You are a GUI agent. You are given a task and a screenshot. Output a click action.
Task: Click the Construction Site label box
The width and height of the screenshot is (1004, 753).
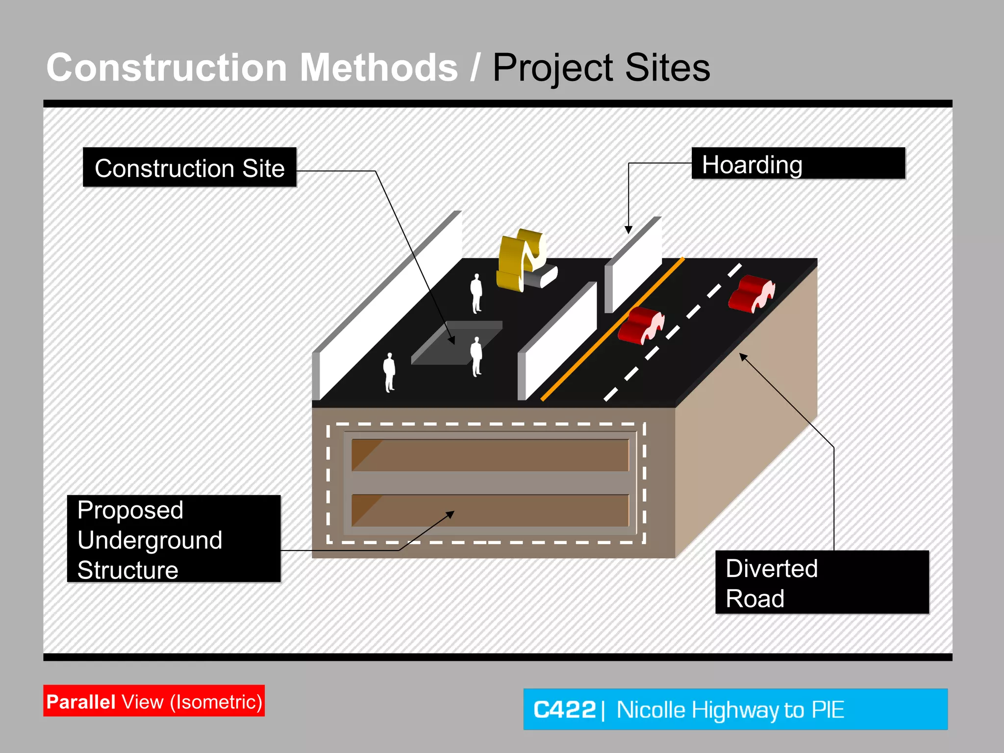point(190,168)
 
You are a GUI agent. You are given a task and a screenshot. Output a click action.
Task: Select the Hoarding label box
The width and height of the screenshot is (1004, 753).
point(798,164)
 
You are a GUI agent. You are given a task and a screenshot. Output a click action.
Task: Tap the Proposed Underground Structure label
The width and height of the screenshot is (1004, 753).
point(174,539)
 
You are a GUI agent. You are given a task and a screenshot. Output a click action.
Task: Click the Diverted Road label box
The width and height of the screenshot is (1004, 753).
point(822,582)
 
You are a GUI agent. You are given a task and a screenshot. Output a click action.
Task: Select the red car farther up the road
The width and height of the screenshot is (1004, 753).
point(750,293)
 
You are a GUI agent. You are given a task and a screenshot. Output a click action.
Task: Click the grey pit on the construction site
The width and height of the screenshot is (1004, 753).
point(456,343)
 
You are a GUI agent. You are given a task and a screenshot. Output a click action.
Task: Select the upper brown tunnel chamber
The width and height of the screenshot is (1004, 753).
point(490,455)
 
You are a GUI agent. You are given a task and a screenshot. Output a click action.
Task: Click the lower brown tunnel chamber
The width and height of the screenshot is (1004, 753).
point(490,510)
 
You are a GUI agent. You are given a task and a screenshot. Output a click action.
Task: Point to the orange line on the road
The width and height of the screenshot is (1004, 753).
point(613,328)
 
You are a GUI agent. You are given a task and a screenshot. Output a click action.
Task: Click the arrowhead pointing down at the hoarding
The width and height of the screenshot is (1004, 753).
point(628,229)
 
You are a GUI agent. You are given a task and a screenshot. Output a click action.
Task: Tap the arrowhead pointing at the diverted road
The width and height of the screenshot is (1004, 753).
point(744,357)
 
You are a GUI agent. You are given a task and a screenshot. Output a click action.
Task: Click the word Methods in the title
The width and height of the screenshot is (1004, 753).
point(378,68)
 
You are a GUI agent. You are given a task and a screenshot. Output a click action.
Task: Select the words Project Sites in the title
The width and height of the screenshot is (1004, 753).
point(601,68)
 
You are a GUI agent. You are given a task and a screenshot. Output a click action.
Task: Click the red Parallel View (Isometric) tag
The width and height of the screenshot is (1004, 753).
point(154,701)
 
